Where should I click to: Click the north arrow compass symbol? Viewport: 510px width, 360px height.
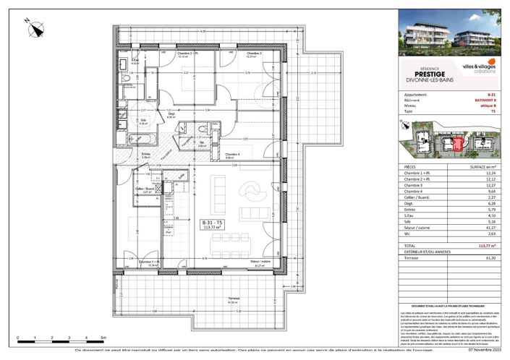(x=37, y=30)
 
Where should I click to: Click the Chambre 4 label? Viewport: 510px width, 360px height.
(x=233, y=155)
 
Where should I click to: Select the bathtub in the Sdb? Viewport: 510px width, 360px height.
(x=133, y=136)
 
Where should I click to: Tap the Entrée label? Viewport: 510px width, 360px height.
(x=145, y=155)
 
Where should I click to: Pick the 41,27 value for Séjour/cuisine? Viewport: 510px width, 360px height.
(x=491, y=229)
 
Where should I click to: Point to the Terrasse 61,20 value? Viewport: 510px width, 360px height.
(x=491, y=257)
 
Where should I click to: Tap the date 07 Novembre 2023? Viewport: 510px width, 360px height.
(x=480, y=353)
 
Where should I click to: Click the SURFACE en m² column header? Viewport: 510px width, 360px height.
(x=480, y=166)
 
